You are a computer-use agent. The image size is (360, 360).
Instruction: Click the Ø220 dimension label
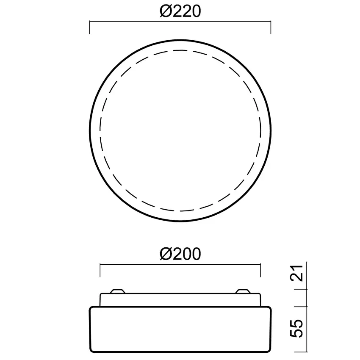tap(180, 11)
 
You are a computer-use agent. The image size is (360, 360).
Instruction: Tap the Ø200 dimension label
tap(180, 254)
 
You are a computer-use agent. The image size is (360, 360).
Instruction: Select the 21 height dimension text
tap(296, 273)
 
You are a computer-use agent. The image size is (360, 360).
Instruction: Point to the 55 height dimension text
tap(296, 328)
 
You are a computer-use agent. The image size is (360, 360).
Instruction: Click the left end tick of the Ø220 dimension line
tap(89, 28)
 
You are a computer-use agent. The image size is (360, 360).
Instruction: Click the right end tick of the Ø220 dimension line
tap(271, 28)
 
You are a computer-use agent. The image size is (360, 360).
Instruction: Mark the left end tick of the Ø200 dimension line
tap(100, 271)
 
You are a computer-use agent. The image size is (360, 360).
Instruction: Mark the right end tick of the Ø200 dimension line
tap(260, 271)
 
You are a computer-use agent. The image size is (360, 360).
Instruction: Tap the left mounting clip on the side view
tap(118, 291)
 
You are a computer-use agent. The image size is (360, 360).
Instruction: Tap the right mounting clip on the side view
tap(243, 291)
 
